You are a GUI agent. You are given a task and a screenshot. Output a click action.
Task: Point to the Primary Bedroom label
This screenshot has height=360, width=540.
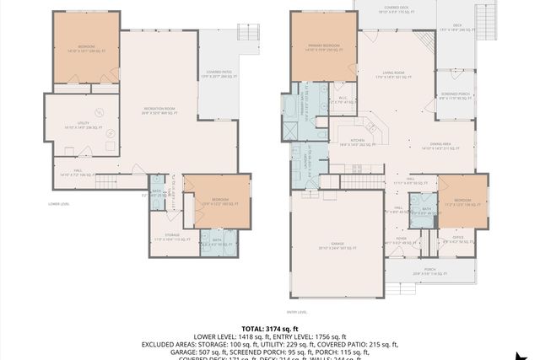(321, 46)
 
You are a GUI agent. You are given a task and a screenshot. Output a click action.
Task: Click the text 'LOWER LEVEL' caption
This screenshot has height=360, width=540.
(59, 203)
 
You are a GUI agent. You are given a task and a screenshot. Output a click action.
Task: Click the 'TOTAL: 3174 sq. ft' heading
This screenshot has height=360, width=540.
(269, 328)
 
